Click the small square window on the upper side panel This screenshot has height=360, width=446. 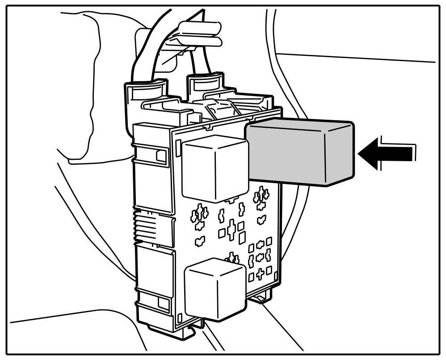(160, 155)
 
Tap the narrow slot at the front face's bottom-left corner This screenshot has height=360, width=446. (180, 318)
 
